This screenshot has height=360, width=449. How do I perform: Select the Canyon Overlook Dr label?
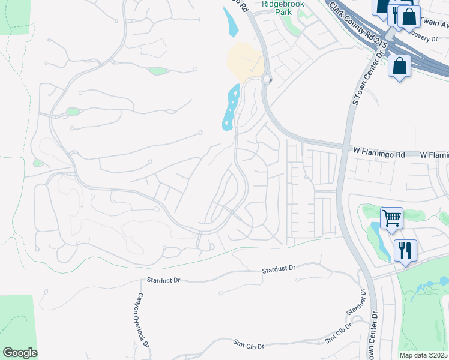tap(142, 319)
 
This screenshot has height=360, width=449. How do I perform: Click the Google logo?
tap(20, 353)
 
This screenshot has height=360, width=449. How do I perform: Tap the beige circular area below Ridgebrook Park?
tap(245, 61)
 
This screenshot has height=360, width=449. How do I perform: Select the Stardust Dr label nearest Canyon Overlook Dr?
tap(163, 281)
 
